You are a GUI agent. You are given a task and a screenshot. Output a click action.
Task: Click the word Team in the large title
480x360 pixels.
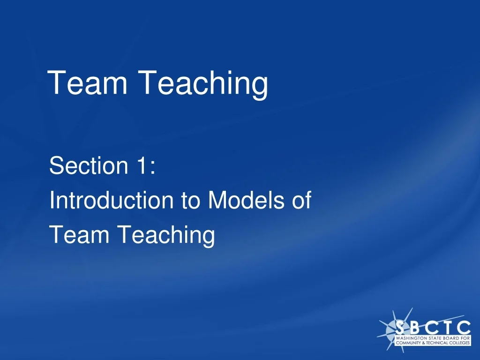point(88,83)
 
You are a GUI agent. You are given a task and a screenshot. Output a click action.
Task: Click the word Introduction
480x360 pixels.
point(111,201)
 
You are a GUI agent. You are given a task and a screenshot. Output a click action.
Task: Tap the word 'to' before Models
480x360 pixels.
point(190,201)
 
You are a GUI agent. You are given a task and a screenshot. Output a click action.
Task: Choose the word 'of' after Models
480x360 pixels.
point(301,201)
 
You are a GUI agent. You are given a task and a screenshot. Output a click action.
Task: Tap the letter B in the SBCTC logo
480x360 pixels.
point(416,327)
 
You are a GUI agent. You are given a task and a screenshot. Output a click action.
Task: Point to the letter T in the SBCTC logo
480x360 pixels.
point(448,327)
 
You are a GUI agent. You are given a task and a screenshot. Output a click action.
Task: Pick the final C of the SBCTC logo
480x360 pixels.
point(464,327)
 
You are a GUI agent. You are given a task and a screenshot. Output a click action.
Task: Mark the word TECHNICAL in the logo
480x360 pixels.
point(437,343)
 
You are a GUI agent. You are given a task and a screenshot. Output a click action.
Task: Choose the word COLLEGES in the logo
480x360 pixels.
point(459,343)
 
